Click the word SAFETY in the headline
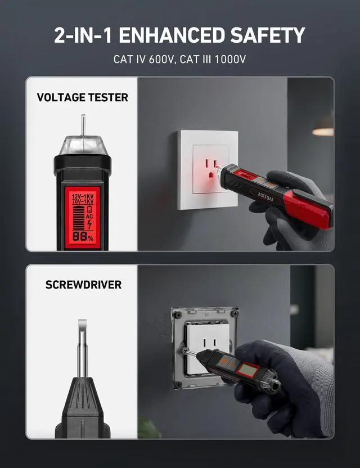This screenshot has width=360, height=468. point(267,35)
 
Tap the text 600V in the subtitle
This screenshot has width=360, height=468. point(161,60)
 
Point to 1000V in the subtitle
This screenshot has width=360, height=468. point(230,60)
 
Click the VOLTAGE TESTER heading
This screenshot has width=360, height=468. point(82,98)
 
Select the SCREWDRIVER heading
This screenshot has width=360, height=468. point(83,285)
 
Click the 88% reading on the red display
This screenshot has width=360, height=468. point(83,237)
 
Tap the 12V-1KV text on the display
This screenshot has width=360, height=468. point(83,196)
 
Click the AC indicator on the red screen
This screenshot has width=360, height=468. point(89,216)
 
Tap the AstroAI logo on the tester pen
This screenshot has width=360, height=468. point(265,197)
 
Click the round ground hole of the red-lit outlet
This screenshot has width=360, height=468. point(210,174)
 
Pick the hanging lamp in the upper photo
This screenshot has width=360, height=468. point(323,128)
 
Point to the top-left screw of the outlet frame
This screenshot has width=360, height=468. point(178,314)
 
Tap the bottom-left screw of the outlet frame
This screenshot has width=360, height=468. point(178,384)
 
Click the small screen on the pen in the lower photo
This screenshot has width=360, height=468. point(247,370)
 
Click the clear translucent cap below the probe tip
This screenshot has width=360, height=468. point(83,145)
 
